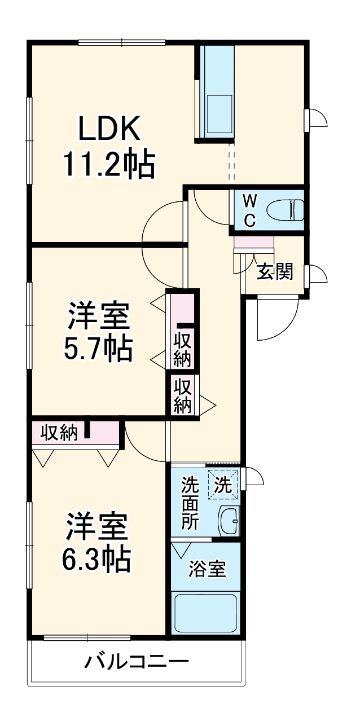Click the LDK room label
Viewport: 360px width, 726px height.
(x=109, y=129)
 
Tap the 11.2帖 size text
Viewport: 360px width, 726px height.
(x=108, y=163)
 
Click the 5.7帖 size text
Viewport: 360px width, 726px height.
(x=98, y=349)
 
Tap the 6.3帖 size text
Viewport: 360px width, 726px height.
(x=96, y=559)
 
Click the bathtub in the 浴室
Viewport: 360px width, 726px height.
(x=205, y=613)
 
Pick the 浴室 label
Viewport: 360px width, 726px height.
(x=207, y=569)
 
